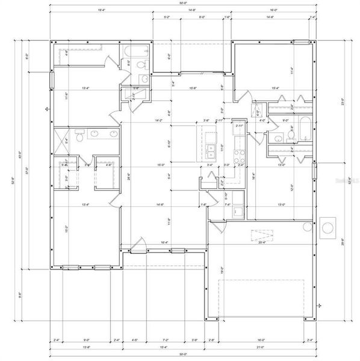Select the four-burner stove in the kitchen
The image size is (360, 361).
pyautogui.click(x=238, y=158)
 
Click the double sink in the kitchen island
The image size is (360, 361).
pyautogui.click(x=211, y=150)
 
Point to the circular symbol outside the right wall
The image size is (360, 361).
pyautogui.click(x=328, y=227)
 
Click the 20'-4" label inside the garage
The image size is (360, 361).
pyautogui.click(x=261, y=242)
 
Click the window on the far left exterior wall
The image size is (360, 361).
pyautogui.click(x=51, y=78)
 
